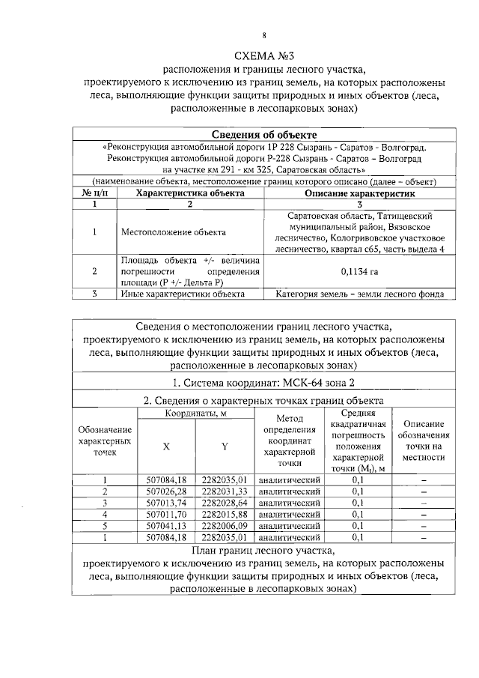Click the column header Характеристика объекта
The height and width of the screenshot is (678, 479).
click(189, 193)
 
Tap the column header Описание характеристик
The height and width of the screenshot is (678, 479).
click(359, 193)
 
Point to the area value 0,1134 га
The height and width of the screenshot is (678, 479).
click(359, 272)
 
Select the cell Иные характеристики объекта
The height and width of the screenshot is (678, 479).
click(183, 294)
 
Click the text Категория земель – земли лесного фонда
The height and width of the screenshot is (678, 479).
click(359, 294)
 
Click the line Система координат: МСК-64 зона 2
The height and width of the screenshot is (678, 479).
click(262, 383)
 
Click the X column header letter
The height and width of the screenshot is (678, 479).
click(166, 447)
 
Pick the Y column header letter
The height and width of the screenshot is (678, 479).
click(224, 447)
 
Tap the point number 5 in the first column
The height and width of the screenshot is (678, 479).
click(106, 526)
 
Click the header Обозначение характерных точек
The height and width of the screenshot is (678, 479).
click(106, 441)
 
